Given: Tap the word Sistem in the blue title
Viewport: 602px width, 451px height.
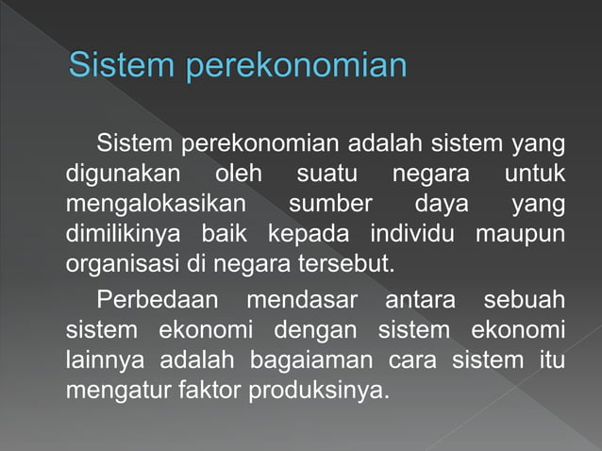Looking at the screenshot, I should point(122,67).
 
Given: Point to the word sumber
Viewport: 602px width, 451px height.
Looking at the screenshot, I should point(330,204).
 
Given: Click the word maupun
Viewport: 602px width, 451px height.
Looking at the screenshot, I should point(520,233).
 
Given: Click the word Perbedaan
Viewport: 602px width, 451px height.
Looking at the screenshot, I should point(159,301).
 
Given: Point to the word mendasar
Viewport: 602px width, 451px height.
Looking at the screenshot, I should point(302,301).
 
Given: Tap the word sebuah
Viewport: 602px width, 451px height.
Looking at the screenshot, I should point(524,301).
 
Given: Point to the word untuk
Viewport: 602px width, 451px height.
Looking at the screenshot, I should point(534,175).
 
